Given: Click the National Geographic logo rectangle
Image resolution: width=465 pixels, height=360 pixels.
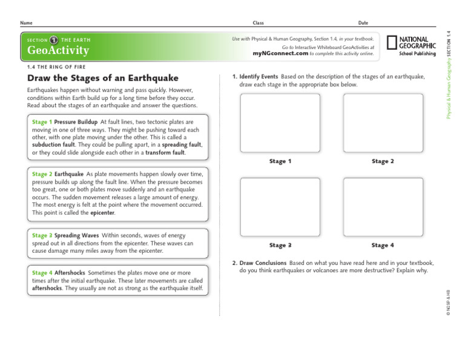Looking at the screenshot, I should point(392,42).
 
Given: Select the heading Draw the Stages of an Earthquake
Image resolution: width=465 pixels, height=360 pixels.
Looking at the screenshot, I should point(103,78).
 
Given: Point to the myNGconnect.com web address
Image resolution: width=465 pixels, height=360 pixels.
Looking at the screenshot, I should point(280,53).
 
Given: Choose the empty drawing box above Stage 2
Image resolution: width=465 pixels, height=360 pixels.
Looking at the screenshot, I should point(383,123).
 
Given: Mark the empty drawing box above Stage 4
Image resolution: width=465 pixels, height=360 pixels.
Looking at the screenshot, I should point(383,207).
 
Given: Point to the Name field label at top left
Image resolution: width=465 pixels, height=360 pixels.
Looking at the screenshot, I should point(26,22).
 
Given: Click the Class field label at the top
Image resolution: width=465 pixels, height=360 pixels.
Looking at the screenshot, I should point(259,22).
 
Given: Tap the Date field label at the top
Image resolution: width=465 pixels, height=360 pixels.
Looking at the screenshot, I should point(363,22).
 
